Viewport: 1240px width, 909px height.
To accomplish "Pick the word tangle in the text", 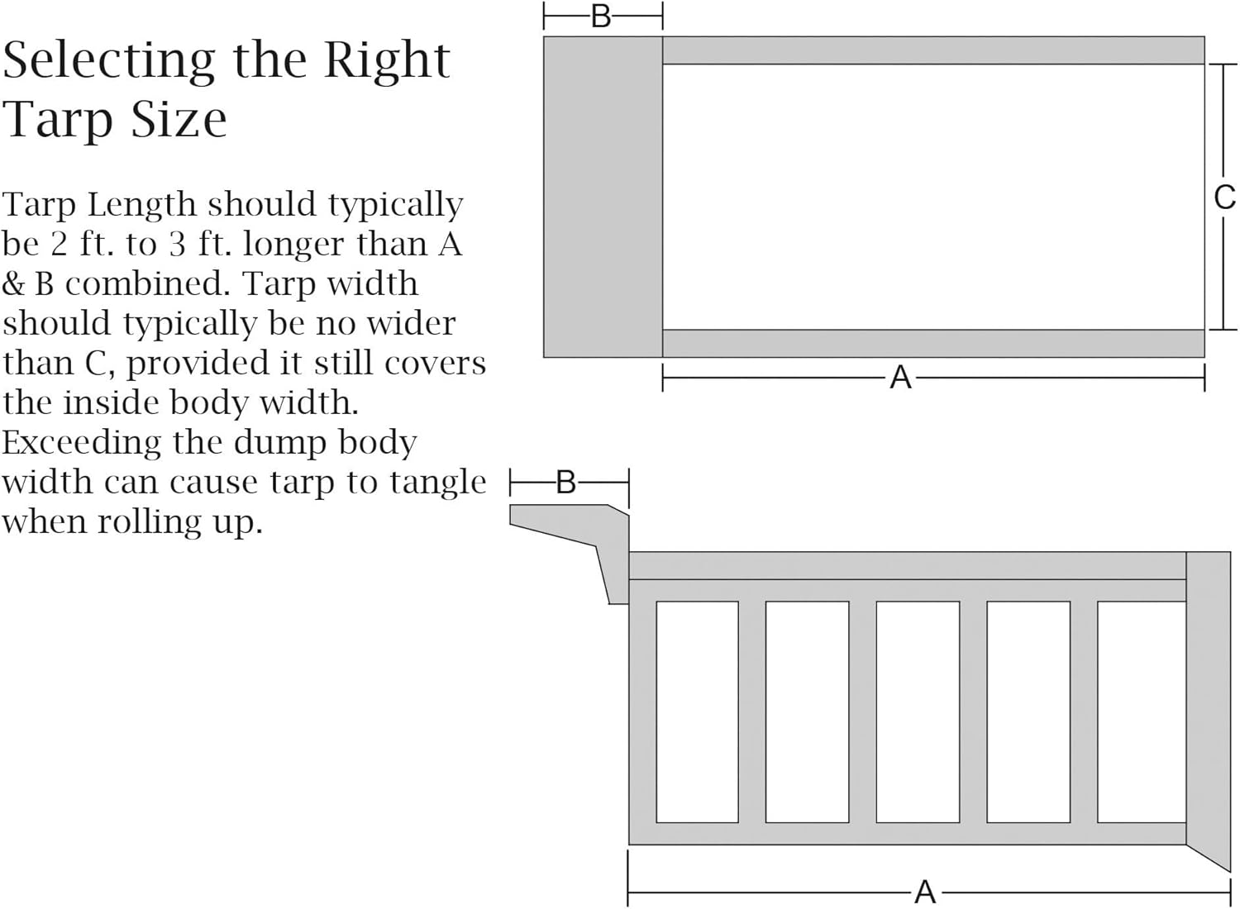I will [x=438, y=483].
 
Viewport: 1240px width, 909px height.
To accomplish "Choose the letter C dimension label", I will [x=1224, y=198].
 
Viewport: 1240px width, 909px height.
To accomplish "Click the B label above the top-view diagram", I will [x=601, y=17].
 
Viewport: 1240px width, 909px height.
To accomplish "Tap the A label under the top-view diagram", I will [x=900, y=378].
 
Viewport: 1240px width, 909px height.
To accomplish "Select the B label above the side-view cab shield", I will [x=566, y=482].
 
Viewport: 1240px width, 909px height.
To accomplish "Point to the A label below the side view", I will [x=925, y=892].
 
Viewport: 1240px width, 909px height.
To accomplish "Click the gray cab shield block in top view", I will [x=603, y=197].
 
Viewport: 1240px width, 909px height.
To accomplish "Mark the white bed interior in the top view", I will [x=932, y=197].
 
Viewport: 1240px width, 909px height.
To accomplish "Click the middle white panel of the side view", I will [x=918, y=711].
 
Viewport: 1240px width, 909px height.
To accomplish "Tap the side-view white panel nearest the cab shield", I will [x=697, y=711].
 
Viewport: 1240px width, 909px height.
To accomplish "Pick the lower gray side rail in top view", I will [x=932, y=343].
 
